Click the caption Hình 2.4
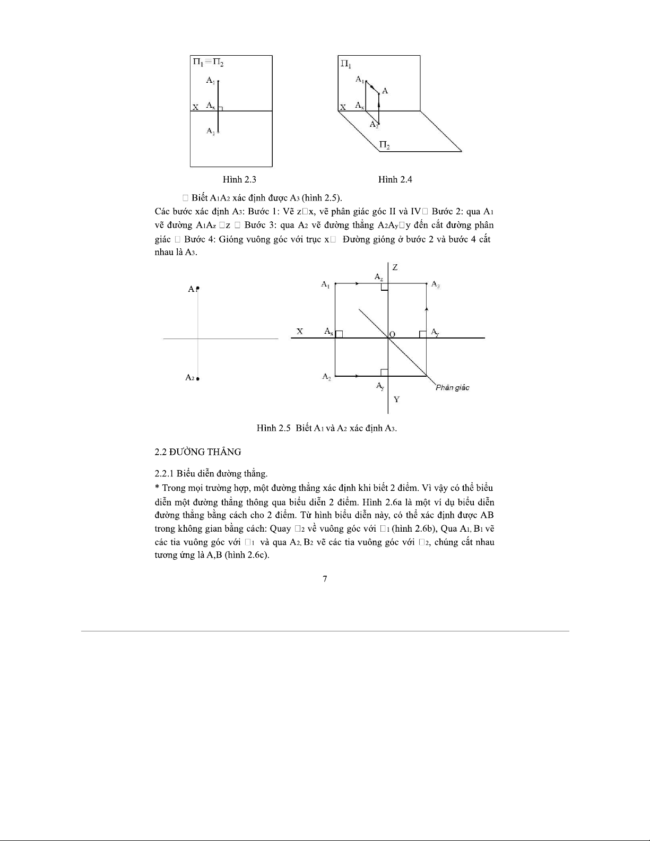(395, 179)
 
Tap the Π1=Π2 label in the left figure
(208, 62)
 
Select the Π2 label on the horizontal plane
(385, 144)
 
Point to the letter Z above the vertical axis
(395, 267)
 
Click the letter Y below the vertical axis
(396, 400)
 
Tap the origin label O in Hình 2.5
(393, 334)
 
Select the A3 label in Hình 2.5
(436, 284)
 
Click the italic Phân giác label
(452, 387)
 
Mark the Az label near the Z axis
(379, 277)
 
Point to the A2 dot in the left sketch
(198, 379)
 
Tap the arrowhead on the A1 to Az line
(358, 284)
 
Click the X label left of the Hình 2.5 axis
(300, 332)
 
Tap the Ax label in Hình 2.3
(211, 106)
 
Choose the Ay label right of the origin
(435, 332)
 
